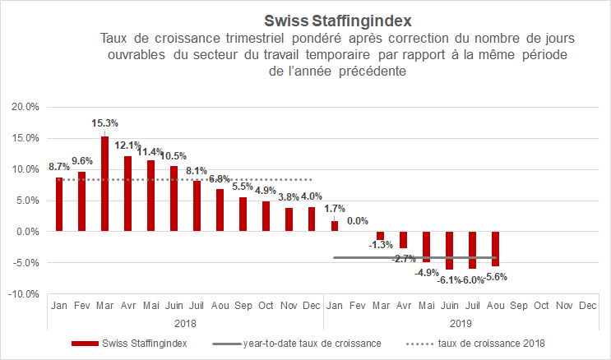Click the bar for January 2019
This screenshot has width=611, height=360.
(335, 226)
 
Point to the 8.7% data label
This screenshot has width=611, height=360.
(58, 167)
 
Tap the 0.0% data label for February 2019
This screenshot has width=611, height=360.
(357, 221)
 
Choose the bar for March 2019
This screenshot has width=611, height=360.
(381, 235)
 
